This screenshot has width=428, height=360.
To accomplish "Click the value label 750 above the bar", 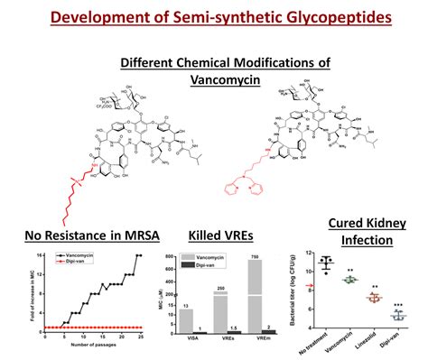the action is [257, 257].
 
